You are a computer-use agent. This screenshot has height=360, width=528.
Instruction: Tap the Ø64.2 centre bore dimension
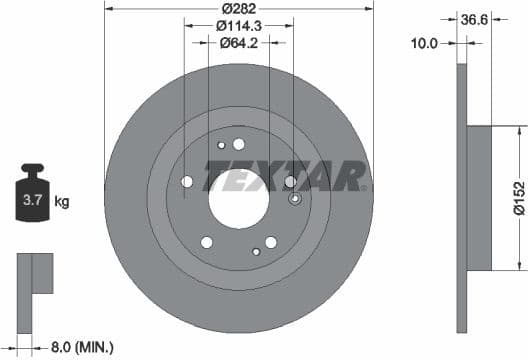239,43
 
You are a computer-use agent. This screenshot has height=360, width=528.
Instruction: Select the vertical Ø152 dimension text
518,197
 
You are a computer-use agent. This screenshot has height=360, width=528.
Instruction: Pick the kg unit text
62,202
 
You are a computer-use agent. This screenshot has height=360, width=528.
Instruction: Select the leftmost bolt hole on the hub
186,181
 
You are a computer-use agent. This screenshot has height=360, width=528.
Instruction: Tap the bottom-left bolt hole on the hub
206,242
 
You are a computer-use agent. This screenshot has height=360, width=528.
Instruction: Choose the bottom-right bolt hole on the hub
271,242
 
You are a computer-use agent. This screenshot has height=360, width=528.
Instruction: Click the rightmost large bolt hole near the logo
290,181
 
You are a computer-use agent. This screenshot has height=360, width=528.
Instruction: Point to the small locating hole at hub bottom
256,252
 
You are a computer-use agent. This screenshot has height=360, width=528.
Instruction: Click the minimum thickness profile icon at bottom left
33,275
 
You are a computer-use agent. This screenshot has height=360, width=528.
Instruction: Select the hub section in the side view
479,197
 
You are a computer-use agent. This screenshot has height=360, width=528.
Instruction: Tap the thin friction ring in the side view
461,197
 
